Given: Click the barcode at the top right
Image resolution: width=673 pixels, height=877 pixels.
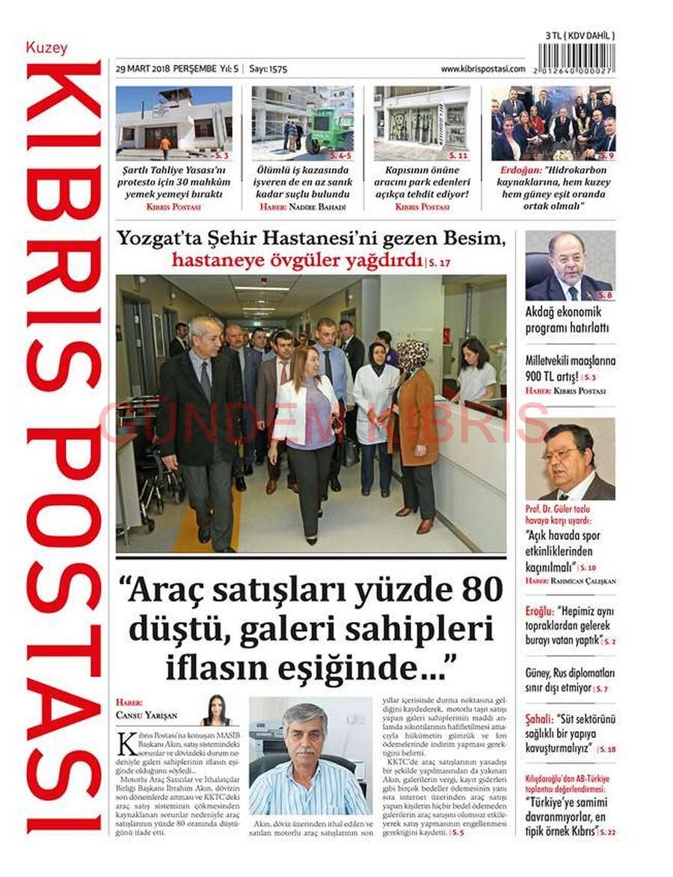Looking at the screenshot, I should click(x=580, y=58).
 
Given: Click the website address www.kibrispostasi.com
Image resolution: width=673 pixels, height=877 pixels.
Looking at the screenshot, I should click(x=483, y=69).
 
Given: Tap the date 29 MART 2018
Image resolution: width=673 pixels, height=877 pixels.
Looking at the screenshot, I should click(x=142, y=69).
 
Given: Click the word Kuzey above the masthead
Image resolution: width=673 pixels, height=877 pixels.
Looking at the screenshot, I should click(x=46, y=48).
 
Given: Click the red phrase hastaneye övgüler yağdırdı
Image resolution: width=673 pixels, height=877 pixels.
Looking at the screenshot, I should click(x=297, y=260).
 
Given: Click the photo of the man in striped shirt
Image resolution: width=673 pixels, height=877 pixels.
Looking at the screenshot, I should click(x=309, y=756).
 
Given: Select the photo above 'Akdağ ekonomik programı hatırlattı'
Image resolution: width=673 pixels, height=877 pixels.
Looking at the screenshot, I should click(x=570, y=265).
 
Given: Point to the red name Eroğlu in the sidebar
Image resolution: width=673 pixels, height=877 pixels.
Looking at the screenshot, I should click(x=539, y=610).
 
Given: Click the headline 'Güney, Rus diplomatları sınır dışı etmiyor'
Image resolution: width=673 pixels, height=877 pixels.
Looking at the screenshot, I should click(x=570, y=679).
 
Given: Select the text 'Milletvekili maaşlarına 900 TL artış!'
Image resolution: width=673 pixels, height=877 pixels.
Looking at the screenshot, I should click(x=565, y=368).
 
